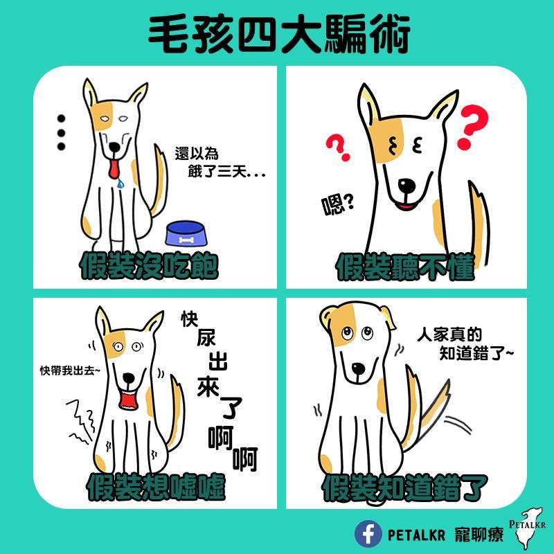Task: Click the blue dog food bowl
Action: (186, 233)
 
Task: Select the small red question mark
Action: (338, 147)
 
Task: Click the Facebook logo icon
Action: (368, 533)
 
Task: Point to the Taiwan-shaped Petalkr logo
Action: (528, 528)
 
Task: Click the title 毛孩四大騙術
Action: (278, 34)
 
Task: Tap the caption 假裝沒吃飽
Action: (149, 266)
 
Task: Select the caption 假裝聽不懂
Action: (405, 267)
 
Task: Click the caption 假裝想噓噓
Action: (156, 487)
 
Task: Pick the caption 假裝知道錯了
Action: (405, 488)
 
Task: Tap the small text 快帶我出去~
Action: (70, 370)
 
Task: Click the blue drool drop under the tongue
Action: (120, 183)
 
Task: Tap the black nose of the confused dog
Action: (407, 185)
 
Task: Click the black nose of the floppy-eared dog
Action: (358, 369)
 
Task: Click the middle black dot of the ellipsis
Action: (61, 133)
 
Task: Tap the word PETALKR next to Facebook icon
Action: (416, 535)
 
